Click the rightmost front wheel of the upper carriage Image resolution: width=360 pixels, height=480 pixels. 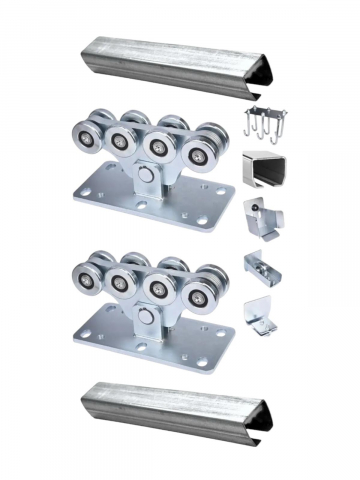coord(208,142)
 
